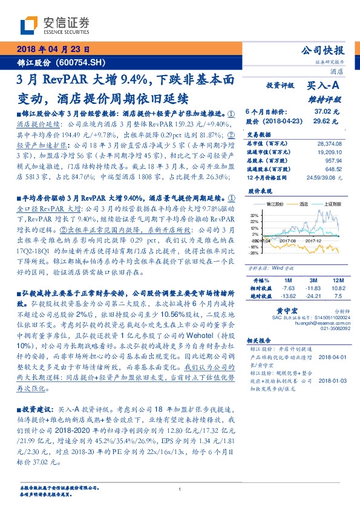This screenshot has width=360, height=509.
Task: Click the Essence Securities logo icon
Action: pyautogui.click(x=30, y=25)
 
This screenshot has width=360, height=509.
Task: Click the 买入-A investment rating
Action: pyautogui.click(x=324, y=86)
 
